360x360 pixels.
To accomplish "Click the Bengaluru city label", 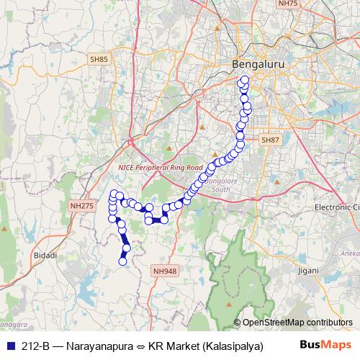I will coord(257,65).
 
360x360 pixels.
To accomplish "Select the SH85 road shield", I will coord(99,59).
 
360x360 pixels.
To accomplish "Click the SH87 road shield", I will coord(270,140).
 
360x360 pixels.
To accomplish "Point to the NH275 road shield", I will coord(81,206).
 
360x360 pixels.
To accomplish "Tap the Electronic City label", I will coord(336,207).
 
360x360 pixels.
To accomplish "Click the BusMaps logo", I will coord(325,345).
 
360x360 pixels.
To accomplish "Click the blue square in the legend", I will coord(9,346).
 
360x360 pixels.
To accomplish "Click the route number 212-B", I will coord(35,346).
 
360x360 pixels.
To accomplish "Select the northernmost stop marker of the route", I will coord(244,80).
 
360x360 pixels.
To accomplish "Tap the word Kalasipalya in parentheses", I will coord(231,346).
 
